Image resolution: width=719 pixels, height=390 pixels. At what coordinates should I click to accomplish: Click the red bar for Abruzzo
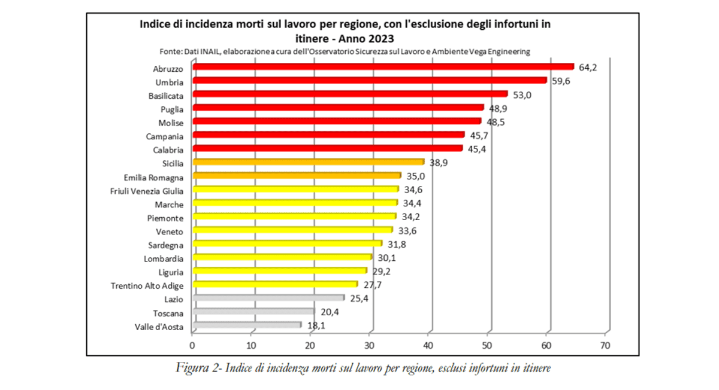[383, 67]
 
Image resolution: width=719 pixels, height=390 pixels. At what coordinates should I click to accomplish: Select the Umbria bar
[370, 80]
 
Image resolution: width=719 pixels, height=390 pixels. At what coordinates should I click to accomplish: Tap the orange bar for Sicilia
[308, 162]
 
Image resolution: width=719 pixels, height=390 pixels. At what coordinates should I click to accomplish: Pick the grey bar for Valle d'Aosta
[247, 325]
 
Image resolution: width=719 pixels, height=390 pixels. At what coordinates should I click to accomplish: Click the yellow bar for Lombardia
[282, 257]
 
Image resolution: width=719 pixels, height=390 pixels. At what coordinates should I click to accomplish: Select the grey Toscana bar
[253, 312]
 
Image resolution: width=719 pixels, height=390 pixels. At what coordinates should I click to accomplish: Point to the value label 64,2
[588, 67]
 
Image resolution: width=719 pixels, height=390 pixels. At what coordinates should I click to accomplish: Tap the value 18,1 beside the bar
[317, 325]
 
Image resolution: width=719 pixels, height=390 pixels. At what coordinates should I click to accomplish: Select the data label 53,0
[522, 94]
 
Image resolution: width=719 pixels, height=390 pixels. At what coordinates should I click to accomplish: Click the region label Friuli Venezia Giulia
[147, 191]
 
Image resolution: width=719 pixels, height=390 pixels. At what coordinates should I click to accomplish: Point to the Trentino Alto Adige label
[147, 285]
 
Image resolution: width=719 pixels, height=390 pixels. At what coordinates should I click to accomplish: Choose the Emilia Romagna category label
[153, 177]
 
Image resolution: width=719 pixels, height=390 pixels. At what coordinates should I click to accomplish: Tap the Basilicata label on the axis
[166, 95]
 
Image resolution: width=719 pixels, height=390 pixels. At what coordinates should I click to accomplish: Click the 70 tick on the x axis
[605, 346]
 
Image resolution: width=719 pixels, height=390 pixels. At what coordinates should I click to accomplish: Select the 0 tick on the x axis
[192, 346]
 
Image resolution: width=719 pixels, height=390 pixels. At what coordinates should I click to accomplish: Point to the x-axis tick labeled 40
[428, 346]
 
